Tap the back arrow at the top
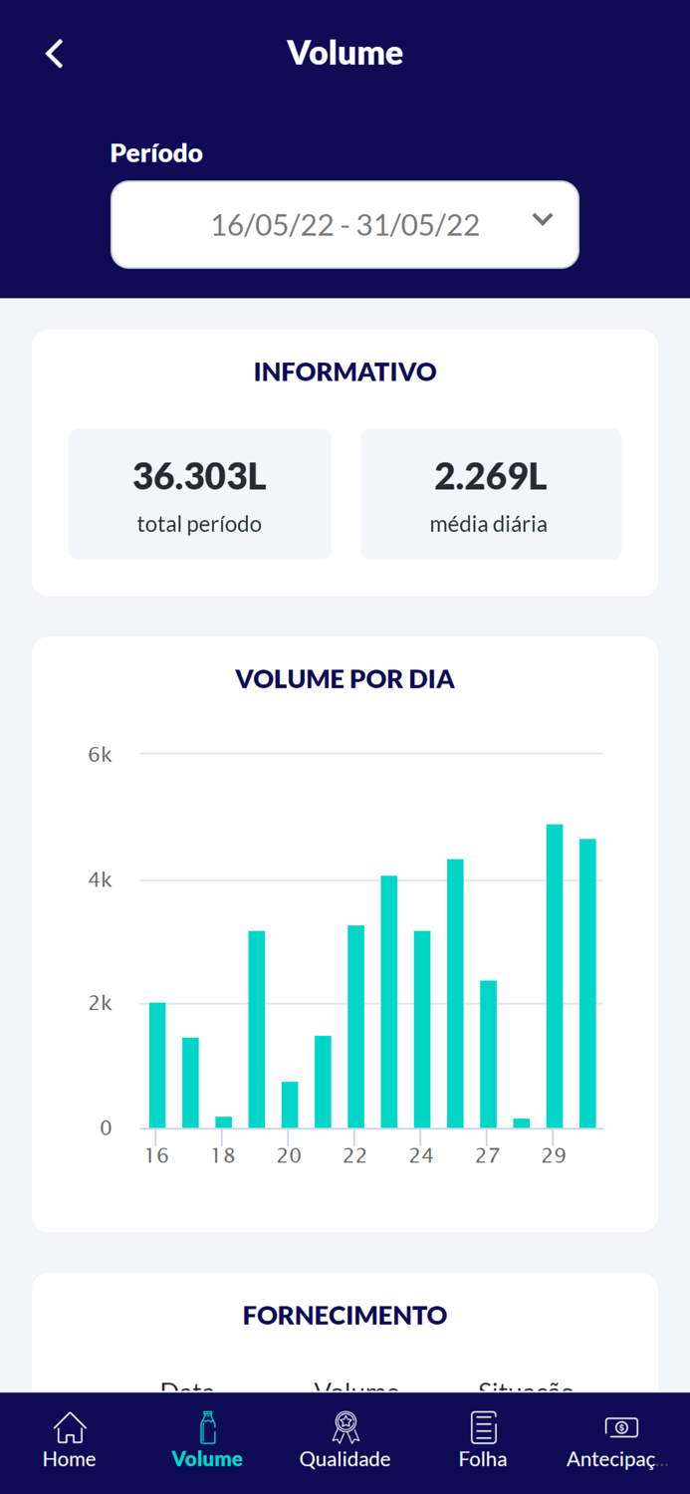tap(55, 54)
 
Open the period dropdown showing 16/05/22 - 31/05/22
tap(345, 225)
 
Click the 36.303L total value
tap(199, 477)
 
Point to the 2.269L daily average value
tap(490, 477)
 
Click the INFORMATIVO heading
tap(345, 373)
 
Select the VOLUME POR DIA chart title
tap(345, 679)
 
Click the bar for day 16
tap(157, 1066)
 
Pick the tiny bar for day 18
tap(223, 1122)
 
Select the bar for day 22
tap(355, 1027)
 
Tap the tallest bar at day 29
tap(555, 976)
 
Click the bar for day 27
tap(488, 1055)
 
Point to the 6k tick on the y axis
tap(101, 755)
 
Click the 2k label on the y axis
tap(101, 1004)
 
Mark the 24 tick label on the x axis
tap(421, 1156)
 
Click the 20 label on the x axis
tap(289, 1156)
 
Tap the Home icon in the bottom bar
tap(70, 1428)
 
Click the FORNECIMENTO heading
tap(345, 1316)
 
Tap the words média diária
tap(488, 524)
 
